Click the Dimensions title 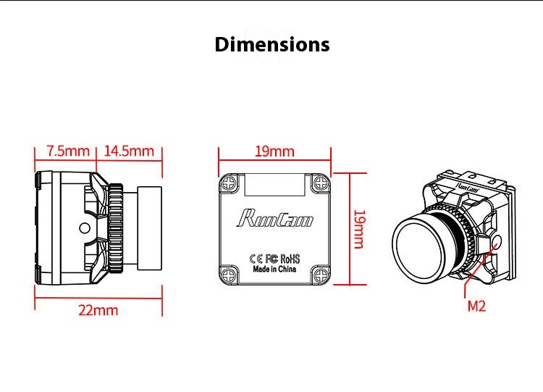coord(271,45)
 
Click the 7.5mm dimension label coord(67,151)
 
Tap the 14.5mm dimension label coord(130,151)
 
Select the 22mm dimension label coord(98,310)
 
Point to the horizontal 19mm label coord(274,151)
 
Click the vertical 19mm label coord(358,229)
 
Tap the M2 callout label coord(476,306)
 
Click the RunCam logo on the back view coord(274,217)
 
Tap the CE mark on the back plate coord(255,257)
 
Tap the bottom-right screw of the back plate coord(319,273)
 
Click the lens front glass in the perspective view coord(422,239)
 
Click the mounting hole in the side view coord(83,229)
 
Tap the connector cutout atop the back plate coord(275,185)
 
